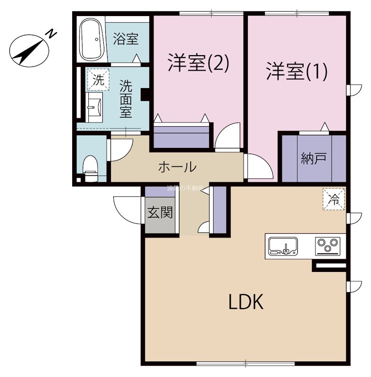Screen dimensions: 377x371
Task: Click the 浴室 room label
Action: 126,39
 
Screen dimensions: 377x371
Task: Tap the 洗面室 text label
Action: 125,99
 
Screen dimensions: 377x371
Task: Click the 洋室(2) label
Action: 198,64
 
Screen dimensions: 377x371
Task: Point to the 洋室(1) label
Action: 296,72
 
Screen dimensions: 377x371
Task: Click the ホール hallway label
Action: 177,166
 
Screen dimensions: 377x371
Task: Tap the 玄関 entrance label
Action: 160,213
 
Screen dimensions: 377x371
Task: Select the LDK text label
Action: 245,302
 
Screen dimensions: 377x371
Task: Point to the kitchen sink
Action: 283,246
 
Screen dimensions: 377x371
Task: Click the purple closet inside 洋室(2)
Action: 182,137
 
